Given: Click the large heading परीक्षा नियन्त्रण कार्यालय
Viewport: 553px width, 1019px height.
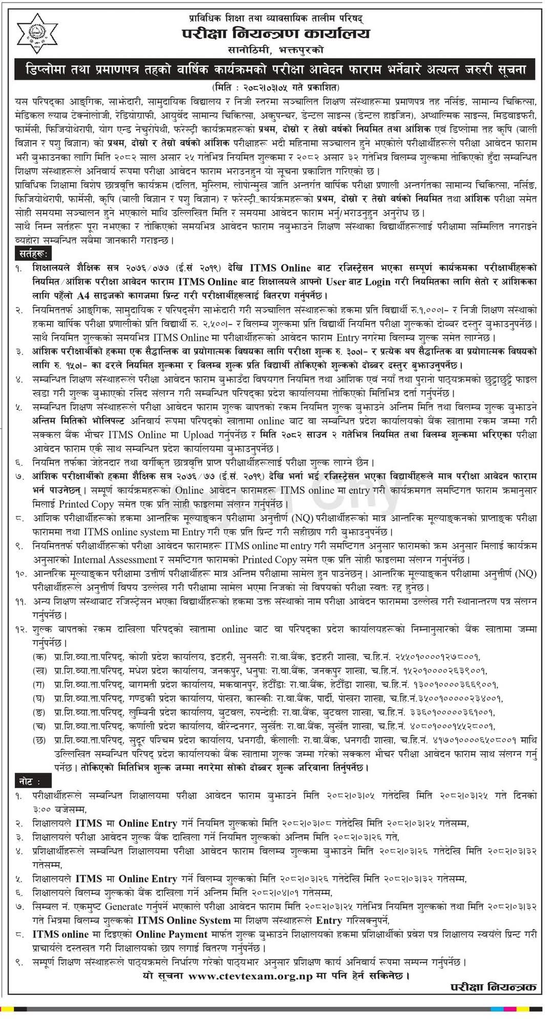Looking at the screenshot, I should [x=276, y=34].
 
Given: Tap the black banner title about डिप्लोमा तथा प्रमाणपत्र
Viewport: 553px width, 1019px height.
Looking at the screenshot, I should [x=276, y=70].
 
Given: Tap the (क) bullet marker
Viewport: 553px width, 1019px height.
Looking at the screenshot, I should [x=39, y=657].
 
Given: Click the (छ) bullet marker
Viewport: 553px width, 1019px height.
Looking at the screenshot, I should [x=39, y=740].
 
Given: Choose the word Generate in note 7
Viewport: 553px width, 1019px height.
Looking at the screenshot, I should [x=130, y=906].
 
